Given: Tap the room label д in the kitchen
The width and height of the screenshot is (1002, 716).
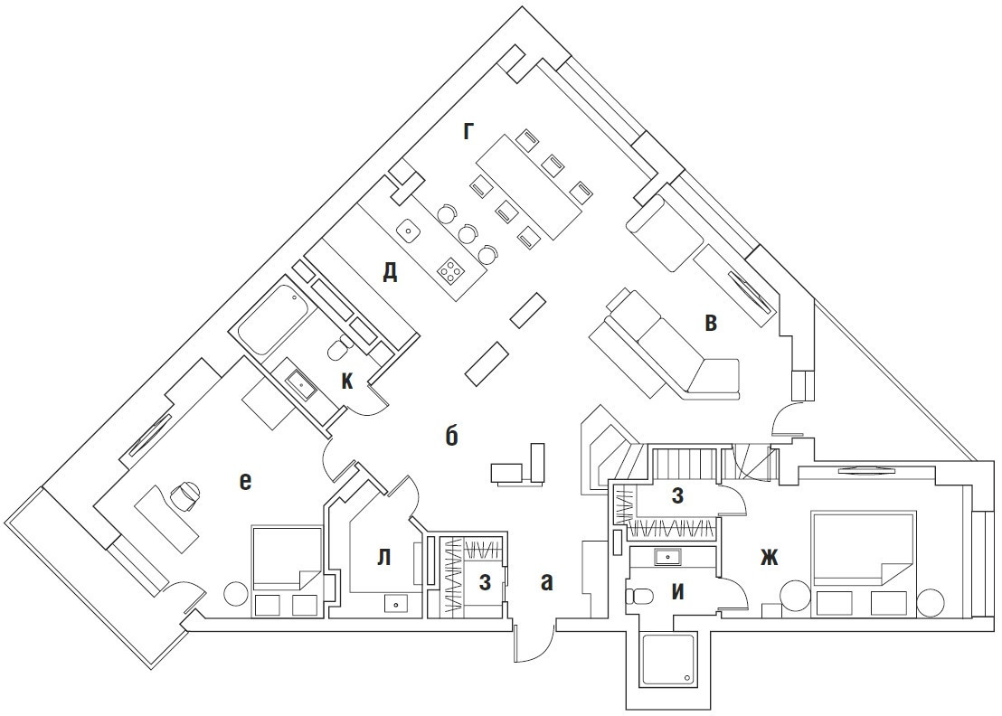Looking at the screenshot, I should click(x=390, y=271).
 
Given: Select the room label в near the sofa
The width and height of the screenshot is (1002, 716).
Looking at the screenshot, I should click(x=712, y=323).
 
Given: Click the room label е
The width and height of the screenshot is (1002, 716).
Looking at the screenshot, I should click(x=244, y=482).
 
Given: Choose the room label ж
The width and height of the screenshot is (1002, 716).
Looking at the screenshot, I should click(x=768, y=558).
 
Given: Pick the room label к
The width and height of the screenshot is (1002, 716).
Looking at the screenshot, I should click(x=347, y=382).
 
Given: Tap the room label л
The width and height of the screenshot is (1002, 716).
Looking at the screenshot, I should click(x=383, y=557).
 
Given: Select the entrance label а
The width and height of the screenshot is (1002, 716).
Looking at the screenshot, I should click(x=545, y=582).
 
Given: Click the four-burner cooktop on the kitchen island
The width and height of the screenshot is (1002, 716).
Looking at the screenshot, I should click(x=449, y=268).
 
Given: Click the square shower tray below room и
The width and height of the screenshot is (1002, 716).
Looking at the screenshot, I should click(x=668, y=660).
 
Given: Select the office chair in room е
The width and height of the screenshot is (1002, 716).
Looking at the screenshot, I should click(x=184, y=493).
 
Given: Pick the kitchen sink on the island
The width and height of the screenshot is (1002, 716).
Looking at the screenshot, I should click(x=410, y=230).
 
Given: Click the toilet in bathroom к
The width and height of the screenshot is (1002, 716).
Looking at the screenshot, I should click(x=337, y=348).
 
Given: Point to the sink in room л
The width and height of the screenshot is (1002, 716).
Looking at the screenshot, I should click(x=396, y=602).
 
